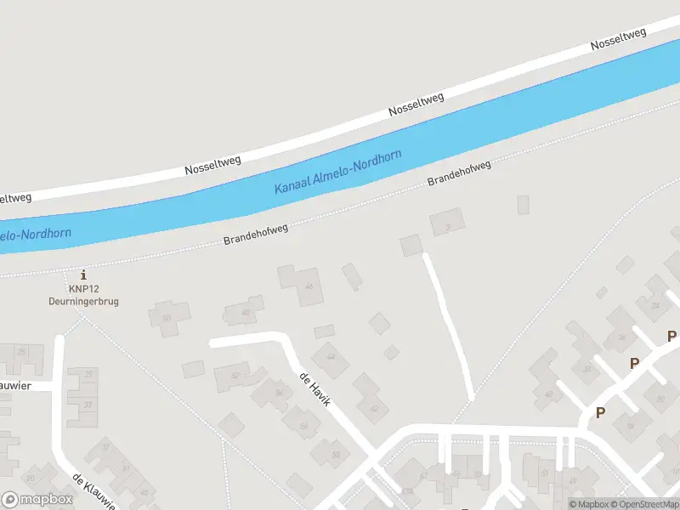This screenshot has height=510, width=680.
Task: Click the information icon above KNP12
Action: tap(83, 275)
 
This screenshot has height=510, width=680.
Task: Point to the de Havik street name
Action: tap(314, 388)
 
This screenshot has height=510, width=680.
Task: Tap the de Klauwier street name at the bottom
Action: tap(93, 491)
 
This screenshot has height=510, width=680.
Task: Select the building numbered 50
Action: tap(167, 317)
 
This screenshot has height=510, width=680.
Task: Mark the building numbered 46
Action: tap(309, 286)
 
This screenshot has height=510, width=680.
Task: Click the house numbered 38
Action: tap(586, 369)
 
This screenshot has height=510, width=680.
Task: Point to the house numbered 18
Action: tap(630, 425)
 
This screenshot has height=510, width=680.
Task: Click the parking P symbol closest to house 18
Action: tap(600, 413)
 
